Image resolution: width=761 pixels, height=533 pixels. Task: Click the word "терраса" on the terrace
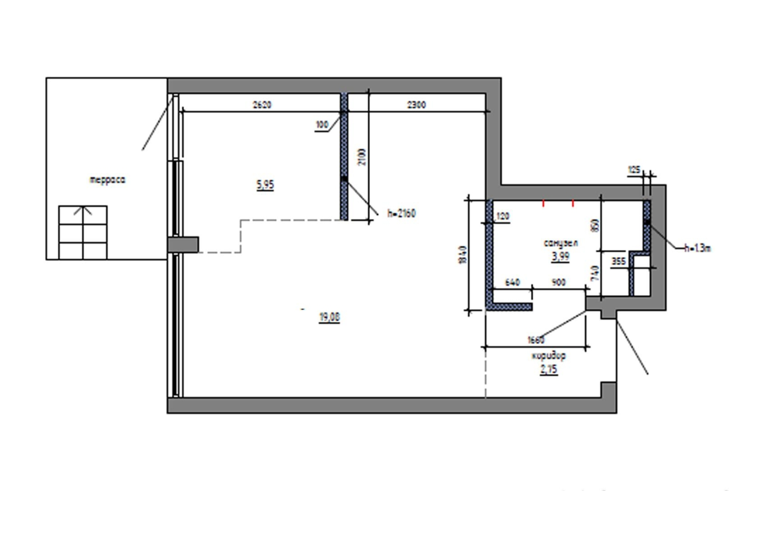pos(107,180)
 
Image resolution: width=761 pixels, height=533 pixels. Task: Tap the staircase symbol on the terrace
pos(83,232)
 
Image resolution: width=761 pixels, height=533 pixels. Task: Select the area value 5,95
pos(265,185)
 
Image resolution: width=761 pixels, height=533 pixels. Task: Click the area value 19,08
pos(330,317)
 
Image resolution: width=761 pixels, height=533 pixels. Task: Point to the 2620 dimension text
pos(262,105)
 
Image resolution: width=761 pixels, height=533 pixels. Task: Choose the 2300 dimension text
pos(417,105)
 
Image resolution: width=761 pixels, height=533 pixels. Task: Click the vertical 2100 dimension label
pos(362,157)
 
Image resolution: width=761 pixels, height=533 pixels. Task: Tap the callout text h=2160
pos(401,214)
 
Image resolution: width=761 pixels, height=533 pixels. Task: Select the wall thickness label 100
pos(322,125)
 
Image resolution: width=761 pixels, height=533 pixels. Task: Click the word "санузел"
pos(561,243)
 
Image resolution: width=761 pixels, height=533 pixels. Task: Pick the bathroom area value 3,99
pos(561,257)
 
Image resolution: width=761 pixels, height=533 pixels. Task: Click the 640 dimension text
pos(512,282)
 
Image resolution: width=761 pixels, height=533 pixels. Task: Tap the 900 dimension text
pos(559,282)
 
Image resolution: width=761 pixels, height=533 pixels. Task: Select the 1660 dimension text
pos(536,340)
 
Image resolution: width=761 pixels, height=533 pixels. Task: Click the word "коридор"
pos(549,356)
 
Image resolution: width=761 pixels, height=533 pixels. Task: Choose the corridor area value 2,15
pos(549,370)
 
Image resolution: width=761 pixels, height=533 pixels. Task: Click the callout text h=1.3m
pos(697,248)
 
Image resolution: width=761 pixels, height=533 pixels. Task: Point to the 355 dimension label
pos(618,261)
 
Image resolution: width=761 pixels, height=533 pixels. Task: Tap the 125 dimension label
pos(634,169)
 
